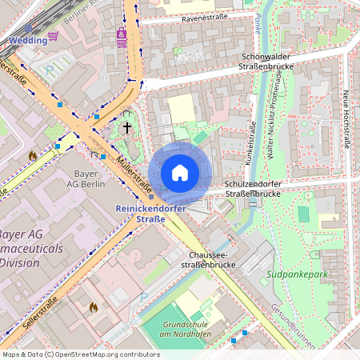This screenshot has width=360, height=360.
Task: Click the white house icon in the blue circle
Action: (x=180, y=172)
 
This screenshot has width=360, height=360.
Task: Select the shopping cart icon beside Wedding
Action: (x=53, y=36)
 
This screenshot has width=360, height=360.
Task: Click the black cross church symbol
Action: (x=126, y=127)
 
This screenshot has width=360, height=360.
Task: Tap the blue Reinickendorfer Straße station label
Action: (x=151, y=214)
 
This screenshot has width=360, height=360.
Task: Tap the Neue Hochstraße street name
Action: (x=348, y=117)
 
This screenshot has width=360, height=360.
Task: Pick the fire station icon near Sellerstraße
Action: (x=93, y=307)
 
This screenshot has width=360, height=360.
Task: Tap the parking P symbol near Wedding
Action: (x=50, y=70)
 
